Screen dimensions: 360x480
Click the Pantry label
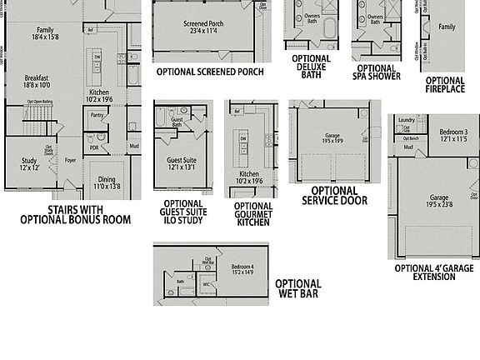coord(97,116)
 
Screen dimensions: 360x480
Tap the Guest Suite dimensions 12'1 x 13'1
coord(182,167)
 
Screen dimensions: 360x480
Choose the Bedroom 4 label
coord(242,267)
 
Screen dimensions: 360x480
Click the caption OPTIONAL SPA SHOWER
coord(376,72)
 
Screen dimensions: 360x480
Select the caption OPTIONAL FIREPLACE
coord(445,85)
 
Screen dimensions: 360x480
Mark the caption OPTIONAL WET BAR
coord(297,288)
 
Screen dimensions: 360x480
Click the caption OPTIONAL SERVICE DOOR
coord(333,195)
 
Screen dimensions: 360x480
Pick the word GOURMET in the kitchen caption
coord(253,213)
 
